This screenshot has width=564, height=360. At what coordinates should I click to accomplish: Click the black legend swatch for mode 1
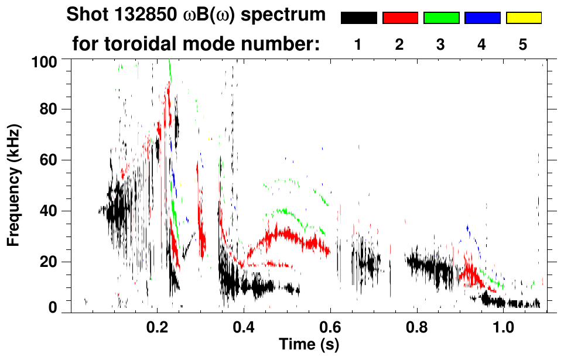[x=358, y=18]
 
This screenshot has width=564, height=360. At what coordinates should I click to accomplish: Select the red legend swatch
[x=400, y=18]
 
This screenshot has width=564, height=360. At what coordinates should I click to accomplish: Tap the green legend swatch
[x=441, y=18]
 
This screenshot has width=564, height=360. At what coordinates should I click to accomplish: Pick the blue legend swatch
[x=482, y=18]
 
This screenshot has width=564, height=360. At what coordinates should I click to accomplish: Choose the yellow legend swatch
[x=524, y=18]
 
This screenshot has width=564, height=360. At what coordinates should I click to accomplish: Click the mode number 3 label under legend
[x=440, y=45]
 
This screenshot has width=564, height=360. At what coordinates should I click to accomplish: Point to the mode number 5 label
[x=523, y=45]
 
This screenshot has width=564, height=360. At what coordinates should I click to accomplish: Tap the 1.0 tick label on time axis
[x=503, y=325]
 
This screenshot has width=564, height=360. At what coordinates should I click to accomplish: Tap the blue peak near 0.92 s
[x=467, y=228]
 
